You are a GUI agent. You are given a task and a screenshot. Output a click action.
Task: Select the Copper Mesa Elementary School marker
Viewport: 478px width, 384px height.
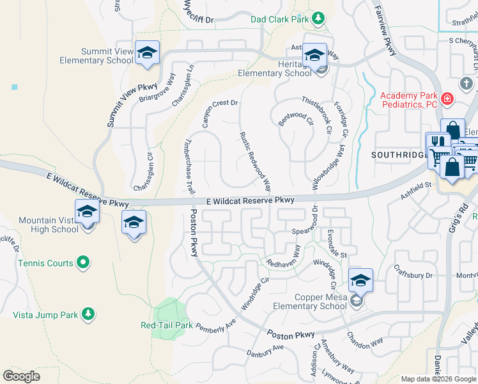[x=360, y=280]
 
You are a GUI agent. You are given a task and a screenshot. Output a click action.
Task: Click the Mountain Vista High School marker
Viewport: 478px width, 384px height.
[x=87, y=211]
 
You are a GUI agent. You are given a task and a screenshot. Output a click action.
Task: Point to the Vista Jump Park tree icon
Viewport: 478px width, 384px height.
[x=89, y=314]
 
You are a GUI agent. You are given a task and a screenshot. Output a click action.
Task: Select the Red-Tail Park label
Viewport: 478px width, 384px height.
[x=166, y=325]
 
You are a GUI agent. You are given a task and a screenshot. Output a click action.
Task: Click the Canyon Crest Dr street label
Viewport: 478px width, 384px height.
[x=220, y=113]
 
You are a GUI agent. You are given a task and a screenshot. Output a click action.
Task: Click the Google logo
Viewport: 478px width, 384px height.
[x=22, y=376]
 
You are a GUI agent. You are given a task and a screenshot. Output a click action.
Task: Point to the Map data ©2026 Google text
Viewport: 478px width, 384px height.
[x=438, y=379]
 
